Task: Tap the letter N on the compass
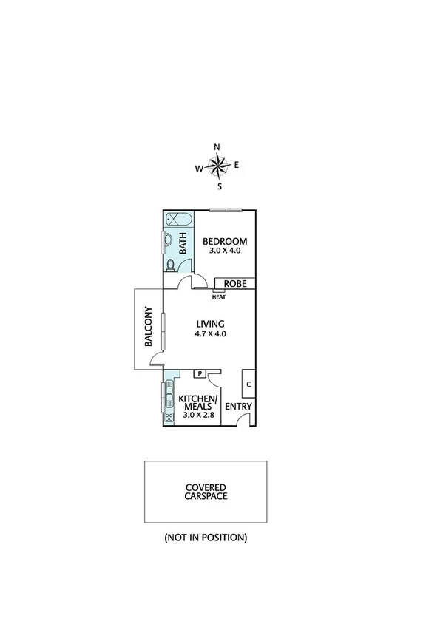click(x=217, y=146)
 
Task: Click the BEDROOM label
click(x=225, y=242)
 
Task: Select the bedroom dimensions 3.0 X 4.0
click(x=225, y=251)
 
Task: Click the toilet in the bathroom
click(x=170, y=265)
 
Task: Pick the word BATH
click(x=183, y=245)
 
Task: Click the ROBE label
click(x=234, y=283)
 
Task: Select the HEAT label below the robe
click(x=218, y=298)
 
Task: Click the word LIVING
click(x=210, y=323)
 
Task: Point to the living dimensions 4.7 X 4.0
click(x=210, y=333)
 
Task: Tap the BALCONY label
click(x=149, y=327)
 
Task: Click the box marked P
click(x=199, y=374)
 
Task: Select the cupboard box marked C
click(x=248, y=384)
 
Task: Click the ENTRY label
click(x=238, y=407)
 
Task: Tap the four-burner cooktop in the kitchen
click(x=169, y=417)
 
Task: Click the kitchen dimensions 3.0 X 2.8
click(x=197, y=416)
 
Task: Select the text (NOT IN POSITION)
click(x=206, y=538)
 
